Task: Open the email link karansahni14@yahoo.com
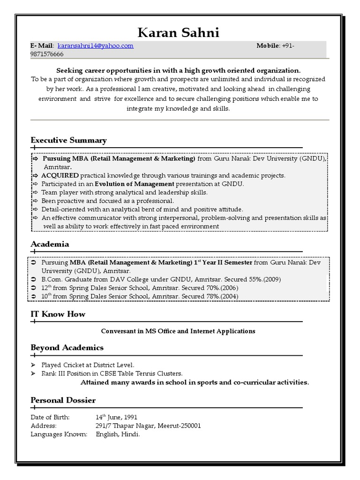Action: pos(96,45)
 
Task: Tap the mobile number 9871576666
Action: pos(47,54)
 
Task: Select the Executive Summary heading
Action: pos(68,140)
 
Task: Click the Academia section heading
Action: pos(50,244)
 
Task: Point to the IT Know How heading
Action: pos(58,314)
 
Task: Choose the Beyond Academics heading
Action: pos(67,347)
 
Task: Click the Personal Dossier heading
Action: pos(63,400)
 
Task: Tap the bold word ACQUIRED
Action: pos(60,175)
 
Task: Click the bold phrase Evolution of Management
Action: pos(131,184)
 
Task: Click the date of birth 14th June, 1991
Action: pos(116,417)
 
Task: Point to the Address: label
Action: pos(43,426)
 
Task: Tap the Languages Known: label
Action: pos(59,434)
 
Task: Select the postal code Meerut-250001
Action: pos(178,426)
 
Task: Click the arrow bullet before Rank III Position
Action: pos(33,374)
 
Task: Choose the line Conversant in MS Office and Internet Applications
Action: pos(178,331)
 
